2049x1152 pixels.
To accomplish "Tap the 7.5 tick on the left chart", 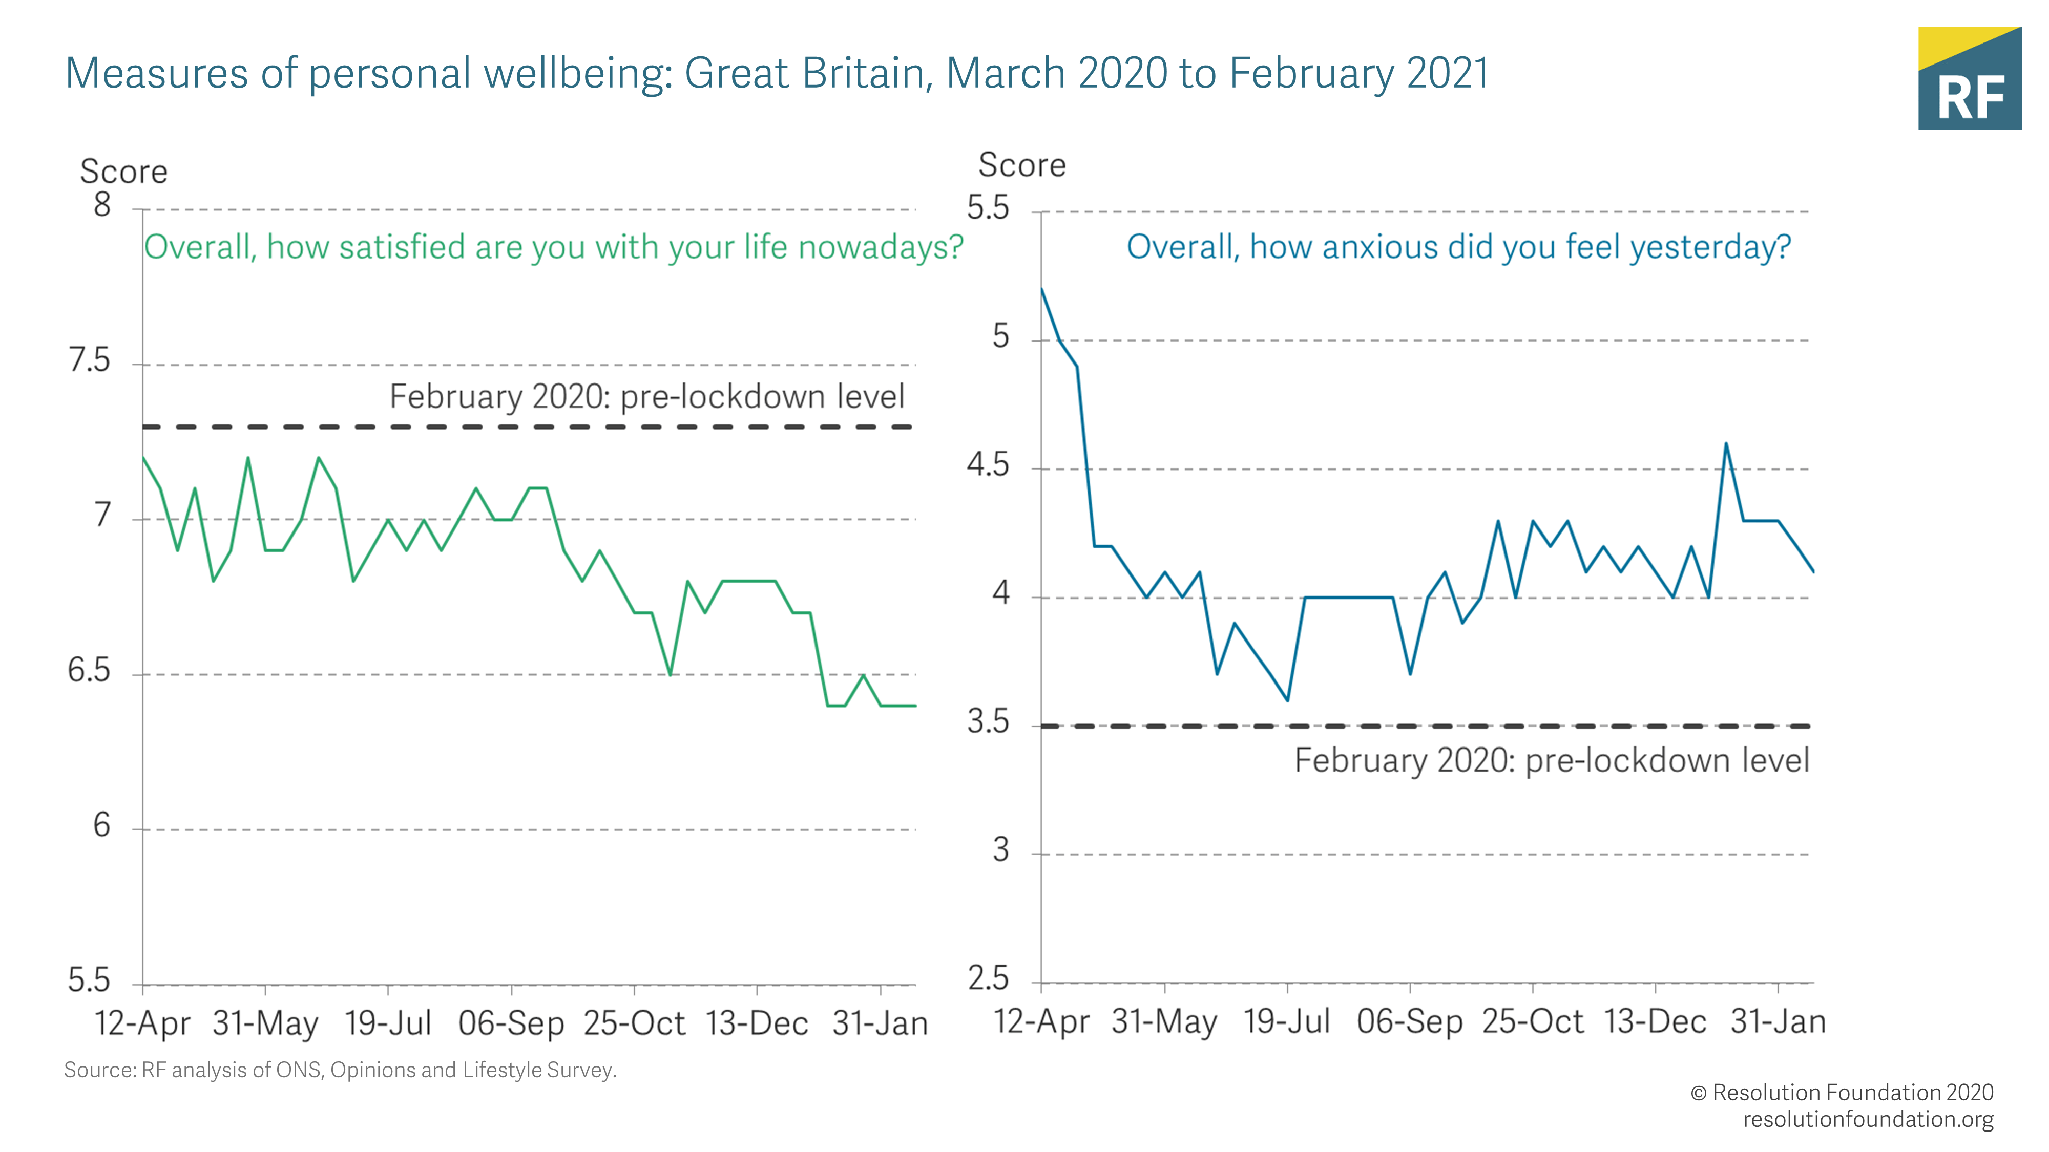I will [x=89, y=361].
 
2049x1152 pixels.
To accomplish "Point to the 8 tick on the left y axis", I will [x=102, y=205].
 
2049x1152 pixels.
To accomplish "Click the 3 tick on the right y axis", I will [x=1000, y=850].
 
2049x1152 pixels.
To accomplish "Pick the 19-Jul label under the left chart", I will [x=388, y=1023].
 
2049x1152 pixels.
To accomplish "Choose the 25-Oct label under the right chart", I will [x=1532, y=1021].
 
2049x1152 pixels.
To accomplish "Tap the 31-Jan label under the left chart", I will [x=880, y=1023].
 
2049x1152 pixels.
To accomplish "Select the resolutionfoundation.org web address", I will [x=1868, y=1119].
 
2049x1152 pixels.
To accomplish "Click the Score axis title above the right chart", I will [x=1021, y=165].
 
